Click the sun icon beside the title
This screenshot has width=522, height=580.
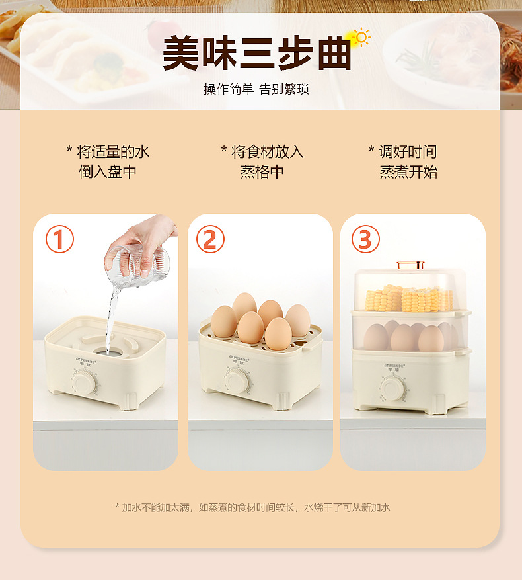(x=361, y=37)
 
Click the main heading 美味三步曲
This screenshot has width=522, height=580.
(x=256, y=54)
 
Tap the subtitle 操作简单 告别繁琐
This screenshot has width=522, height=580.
(x=256, y=89)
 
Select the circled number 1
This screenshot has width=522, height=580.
(x=59, y=239)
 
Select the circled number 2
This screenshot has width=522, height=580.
(x=210, y=239)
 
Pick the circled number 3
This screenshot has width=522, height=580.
(x=365, y=239)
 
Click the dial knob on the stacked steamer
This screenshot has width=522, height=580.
(x=393, y=388)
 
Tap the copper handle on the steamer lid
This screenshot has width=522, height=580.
(x=410, y=265)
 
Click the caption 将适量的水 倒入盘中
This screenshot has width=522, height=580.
(x=108, y=162)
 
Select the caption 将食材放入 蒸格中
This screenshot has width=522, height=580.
(x=262, y=162)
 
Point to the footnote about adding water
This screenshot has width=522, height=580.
(x=252, y=507)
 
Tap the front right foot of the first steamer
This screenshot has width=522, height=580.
(x=128, y=400)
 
